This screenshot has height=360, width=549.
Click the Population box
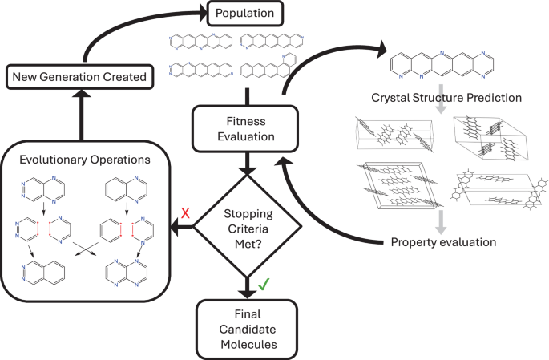pos(245,12)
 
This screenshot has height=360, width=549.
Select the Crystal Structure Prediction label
pos(446,99)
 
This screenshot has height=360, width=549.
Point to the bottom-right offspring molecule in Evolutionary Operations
pos(126,275)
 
